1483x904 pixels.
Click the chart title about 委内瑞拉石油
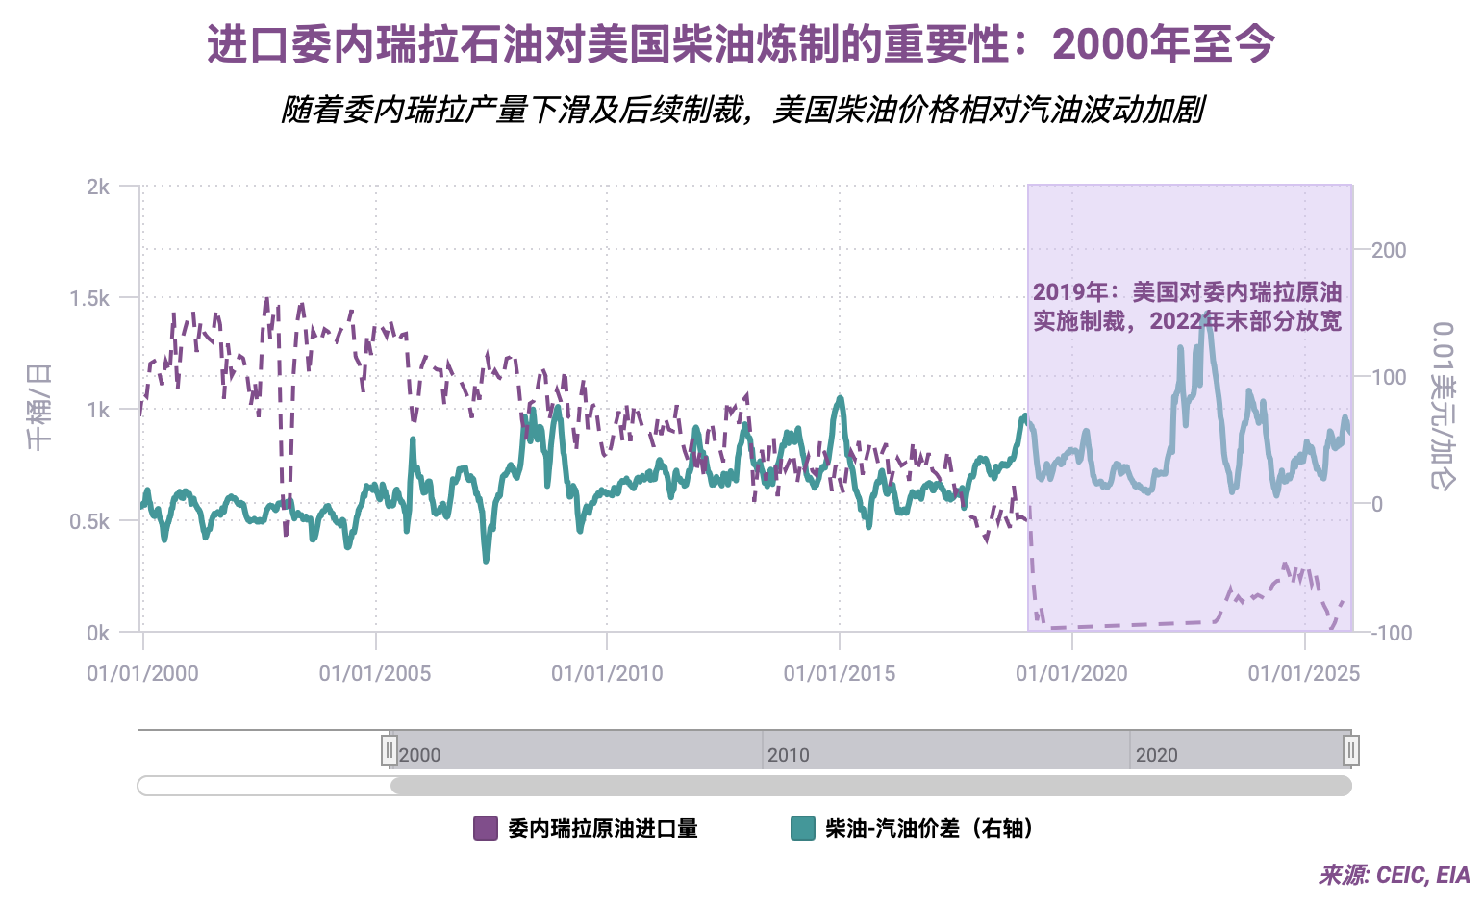point(741,44)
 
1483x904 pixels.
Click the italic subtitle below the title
point(741,110)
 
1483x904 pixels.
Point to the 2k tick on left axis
point(98,187)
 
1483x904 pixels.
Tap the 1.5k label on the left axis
point(89,298)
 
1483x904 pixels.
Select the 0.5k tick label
point(89,521)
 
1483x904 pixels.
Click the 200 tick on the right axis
point(1389,250)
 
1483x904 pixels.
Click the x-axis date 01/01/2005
point(375,673)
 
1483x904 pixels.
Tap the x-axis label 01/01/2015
point(840,673)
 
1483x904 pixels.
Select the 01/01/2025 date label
point(1304,673)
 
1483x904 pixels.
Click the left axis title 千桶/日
point(39,408)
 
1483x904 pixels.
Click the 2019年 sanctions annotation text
point(1187,306)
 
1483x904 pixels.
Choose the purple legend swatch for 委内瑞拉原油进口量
point(486,828)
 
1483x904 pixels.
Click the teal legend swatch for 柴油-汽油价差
point(803,828)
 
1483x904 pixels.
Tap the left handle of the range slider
point(390,750)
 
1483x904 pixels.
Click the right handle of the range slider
point(1351,750)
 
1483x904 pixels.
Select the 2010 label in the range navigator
point(789,755)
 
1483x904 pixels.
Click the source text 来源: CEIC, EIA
point(1394,875)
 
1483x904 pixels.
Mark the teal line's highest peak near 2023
point(1208,314)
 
